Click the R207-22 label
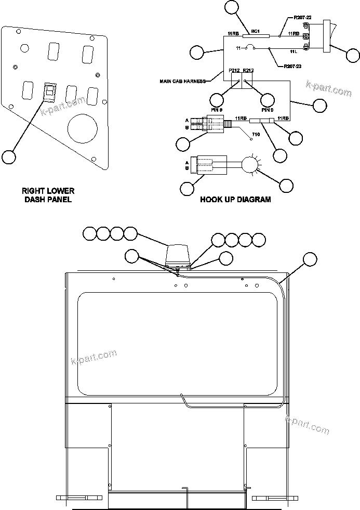(x=302, y=18)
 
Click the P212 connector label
(x=234, y=71)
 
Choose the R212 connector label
(x=248, y=71)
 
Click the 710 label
(x=255, y=135)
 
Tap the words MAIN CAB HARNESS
(x=183, y=81)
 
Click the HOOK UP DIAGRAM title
(x=235, y=199)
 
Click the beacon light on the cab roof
(x=178, y=255)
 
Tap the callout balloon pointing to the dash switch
(x=9, y=156)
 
